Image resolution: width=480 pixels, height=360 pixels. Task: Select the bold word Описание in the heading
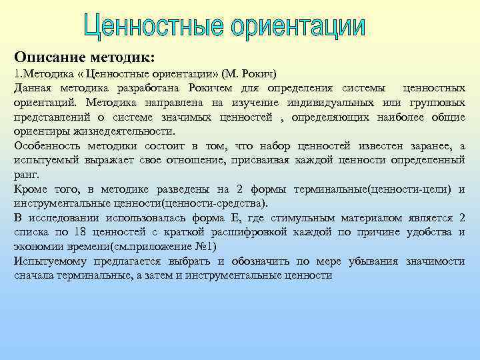(x=49, y=57)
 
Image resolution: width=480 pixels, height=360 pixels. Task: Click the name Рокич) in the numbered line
(x=259, y=74)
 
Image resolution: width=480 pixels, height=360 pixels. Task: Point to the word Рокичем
(x=210, y=88)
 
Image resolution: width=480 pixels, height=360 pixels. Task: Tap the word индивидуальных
(x=330, y=103)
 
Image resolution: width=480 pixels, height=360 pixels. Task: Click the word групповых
(x=437, y=103)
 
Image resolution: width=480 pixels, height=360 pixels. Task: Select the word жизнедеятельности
(x=124, y=131)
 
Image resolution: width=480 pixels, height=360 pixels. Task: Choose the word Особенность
(x=47, y=146)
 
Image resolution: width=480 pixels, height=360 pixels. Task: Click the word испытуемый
(x=45, y=161)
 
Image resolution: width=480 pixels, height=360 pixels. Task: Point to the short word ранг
(x=27, y=175)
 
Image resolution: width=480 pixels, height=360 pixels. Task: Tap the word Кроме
(x=31, y=189)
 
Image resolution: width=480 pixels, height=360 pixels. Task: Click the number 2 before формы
(x=239, y=189)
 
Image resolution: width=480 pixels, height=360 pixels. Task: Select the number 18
(x=79, y=232)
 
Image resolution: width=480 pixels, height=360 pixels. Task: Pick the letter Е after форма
(x=235, y=218)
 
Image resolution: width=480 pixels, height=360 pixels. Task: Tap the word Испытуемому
(x=50, y=261)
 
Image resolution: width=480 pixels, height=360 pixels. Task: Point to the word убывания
(x=373, y=261)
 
